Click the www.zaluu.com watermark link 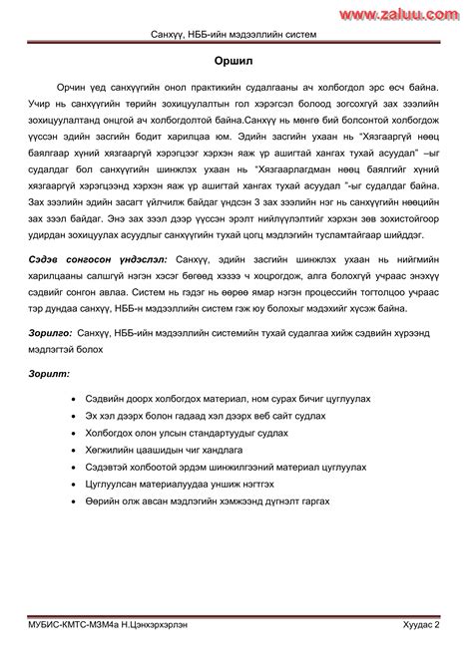[411, 11]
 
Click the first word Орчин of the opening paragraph [77, 90]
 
